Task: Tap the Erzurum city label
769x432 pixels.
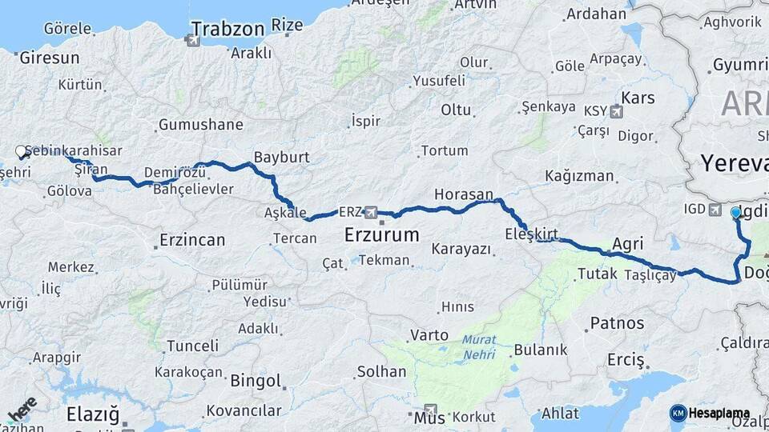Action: (381, 235)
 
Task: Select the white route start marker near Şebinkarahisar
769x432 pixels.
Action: (21, 151)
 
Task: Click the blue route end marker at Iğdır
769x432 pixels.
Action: (736, 212)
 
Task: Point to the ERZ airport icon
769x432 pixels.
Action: (370, 213)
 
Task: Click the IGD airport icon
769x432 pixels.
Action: (715, 210)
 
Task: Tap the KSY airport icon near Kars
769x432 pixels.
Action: (616, 111)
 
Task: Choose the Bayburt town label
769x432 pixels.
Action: (281, 157)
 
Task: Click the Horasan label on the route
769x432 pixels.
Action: (463, 194)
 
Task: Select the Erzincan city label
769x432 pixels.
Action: (191, 239)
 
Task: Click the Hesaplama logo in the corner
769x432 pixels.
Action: (710, 413)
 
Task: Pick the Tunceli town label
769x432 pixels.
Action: (192, 346)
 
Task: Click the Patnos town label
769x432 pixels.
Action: (617, 323)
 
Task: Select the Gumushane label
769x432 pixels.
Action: (200, 125)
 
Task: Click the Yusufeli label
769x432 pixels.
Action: (438, 81)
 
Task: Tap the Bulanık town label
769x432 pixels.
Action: (540, 350)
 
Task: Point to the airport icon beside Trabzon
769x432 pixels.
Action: (195, 38)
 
